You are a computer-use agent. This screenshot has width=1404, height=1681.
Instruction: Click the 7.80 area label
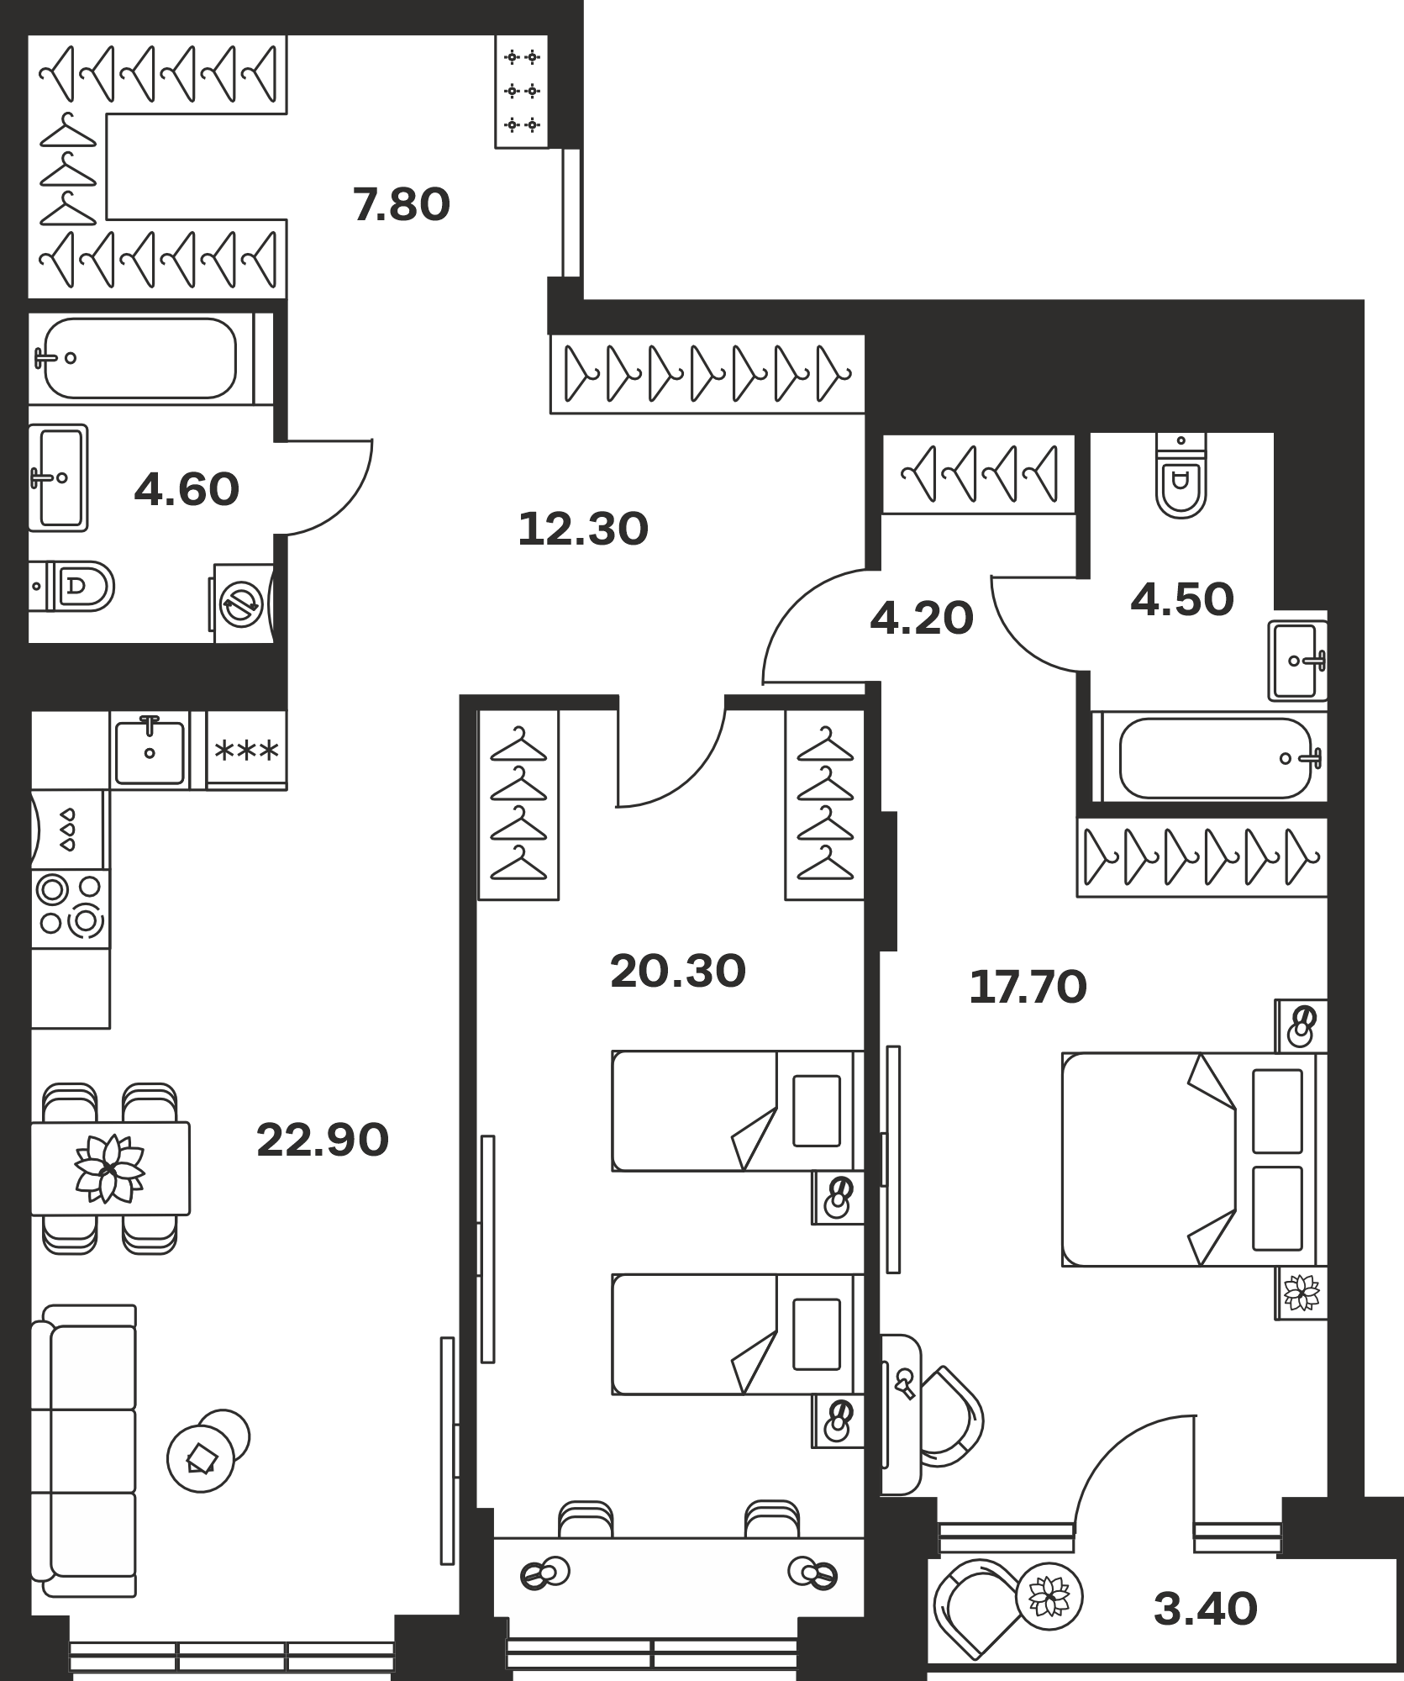402,205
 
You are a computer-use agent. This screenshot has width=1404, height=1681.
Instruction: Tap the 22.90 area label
323,1141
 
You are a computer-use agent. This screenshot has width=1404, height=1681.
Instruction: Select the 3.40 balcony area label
1206,1610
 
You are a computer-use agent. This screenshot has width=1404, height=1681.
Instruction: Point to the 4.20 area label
922,619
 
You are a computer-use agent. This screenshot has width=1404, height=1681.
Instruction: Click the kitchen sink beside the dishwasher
150,751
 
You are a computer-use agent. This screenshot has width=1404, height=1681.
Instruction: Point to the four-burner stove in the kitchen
71,908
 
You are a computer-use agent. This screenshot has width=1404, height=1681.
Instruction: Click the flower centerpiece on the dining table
109,1167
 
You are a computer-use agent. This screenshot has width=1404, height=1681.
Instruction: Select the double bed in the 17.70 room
1194,1159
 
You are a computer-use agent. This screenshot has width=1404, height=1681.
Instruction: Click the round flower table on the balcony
1049,1596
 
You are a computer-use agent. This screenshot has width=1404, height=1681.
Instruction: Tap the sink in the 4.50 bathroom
1297,661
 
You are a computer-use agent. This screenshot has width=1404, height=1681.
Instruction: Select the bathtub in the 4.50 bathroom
1210,757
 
